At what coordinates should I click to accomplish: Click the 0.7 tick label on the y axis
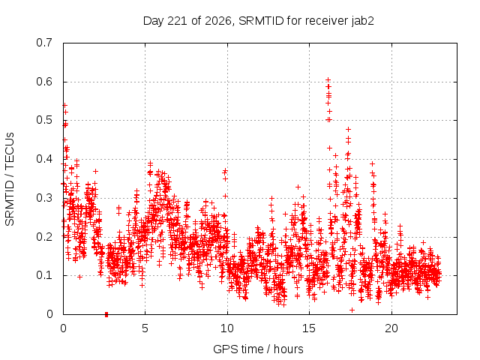pyautogui.click(x=44, y=43)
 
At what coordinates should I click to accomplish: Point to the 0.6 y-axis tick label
pyautogui.click(x=44, y=82)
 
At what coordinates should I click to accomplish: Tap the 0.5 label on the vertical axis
pyautogui.click(x=44, y=120)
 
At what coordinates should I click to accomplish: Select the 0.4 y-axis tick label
pyautogui.click(x=44, y=159)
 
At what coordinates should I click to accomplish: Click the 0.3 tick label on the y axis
pyautogui.click(x=44, y=198)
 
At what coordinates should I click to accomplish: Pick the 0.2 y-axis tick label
pyautogui.click(x=44, y=237)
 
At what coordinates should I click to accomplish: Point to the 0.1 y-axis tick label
pyautogui.click(x=44, y=275)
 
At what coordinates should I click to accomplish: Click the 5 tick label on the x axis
pyautogui.click(x=145, y=328)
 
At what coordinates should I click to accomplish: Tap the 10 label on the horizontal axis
pyautogui.click(x=227, y=328)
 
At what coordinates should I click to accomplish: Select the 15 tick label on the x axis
pyautogui.click(x=309, y=328)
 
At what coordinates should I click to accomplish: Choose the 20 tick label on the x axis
pyautogui.click(x=391, y=328)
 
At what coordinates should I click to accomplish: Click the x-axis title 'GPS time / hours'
pyautogui.click(x=258, y=349)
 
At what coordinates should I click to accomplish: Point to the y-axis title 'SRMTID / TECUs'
pyautogui.click(x=10, y=179)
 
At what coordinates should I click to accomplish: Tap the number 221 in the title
pyautogui.click(x=178, y=21)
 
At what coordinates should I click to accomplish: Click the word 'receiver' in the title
pyautogui.click(x=327, y=21)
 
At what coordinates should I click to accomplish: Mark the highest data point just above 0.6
pyautogui.click(x=328, y=80)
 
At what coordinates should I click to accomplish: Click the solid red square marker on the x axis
pyautogui.click(x=106, y=314)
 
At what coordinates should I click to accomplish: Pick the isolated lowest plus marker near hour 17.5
pyautogui.click(x=352, y=310)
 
